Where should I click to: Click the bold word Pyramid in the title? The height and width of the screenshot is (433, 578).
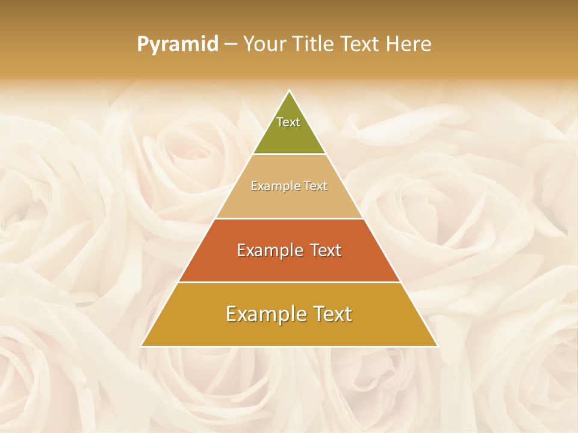[177, 45]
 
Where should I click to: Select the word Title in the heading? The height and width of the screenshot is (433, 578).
[314, 45]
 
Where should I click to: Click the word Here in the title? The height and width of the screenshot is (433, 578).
[409, 45]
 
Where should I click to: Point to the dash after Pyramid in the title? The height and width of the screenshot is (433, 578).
[230, 45]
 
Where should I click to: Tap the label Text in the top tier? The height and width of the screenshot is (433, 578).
[288, 122]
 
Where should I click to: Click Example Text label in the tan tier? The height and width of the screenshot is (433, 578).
[289, 186]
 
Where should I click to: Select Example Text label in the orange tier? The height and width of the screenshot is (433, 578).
[289, 250]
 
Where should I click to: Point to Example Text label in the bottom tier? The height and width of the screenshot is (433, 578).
[289, 314]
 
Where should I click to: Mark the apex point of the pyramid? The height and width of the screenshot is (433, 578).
[290, 91]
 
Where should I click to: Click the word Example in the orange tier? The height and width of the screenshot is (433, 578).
[268, 250]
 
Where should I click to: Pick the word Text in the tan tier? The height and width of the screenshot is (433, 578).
[315, 186]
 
